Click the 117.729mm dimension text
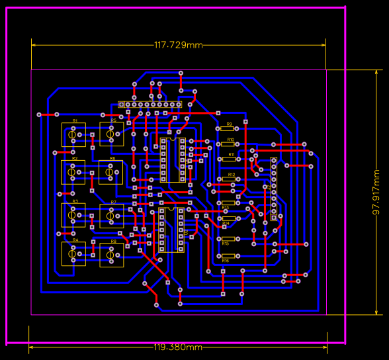click(179, 45)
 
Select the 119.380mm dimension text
click(179, 347)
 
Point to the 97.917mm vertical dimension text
click(376, 193)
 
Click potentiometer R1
click(73, 135)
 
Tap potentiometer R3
click(73, 214)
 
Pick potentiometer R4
click(73, 253)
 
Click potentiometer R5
click(111, 134)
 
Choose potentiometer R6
click(110, 172)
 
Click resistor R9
click(229, 129)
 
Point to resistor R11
click(230, 159)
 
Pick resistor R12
click(230, 179)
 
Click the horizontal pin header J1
click(150, 105)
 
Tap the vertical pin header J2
click(273, 189)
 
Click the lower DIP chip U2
click(171, 230)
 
